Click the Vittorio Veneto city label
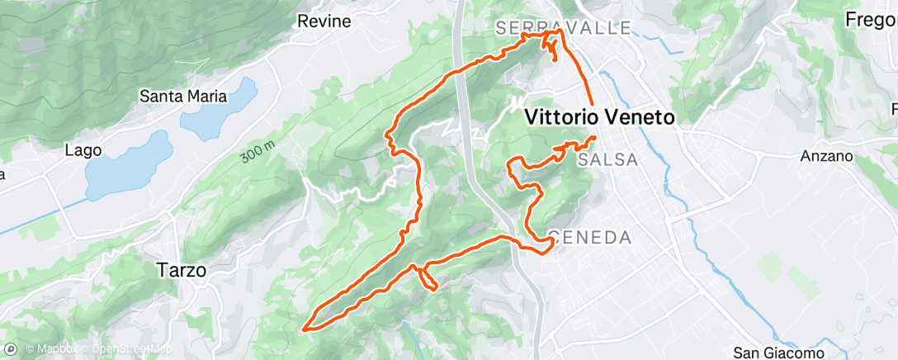(600, 117)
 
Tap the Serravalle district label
(565, 28)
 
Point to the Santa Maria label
(182, 96)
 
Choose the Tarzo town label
(181, 269)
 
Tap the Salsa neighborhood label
(608, 159)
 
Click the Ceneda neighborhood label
(590, 238)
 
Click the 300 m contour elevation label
(258, 149)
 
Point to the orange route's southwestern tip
(307, 329)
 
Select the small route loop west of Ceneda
(427, 277)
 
